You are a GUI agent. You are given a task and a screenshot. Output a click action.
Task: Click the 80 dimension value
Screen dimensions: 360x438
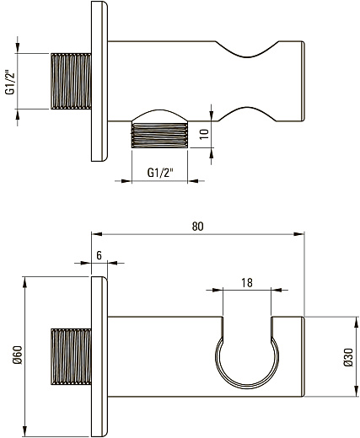coord(197,226)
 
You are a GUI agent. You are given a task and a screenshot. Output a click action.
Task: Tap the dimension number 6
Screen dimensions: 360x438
coord(99,255)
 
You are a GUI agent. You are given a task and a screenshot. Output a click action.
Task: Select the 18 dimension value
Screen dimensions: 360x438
coord(247,283)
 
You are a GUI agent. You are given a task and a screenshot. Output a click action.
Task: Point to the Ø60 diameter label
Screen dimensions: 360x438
coord(18,355)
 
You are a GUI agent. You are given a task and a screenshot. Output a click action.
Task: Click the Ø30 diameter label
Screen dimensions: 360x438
coord(348,357)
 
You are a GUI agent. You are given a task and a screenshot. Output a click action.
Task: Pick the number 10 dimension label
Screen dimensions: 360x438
coord(205,134)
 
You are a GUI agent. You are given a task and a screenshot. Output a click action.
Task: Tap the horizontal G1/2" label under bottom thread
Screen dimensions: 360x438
coord(159,173)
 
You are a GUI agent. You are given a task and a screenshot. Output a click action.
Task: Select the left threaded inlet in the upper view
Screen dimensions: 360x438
coord(71,81)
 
